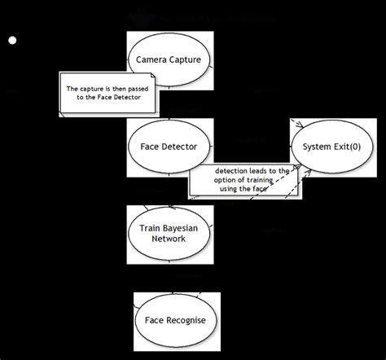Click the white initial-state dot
point(11,40)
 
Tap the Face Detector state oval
point(169,147)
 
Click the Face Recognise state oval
point(175,320)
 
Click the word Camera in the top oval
point(154,59)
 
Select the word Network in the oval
point(169,239)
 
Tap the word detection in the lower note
point(232,170)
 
